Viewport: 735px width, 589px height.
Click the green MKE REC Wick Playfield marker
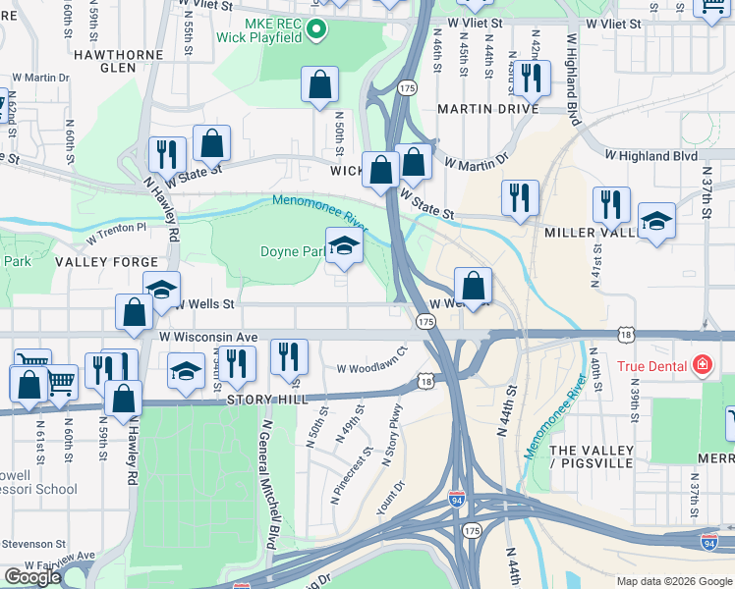pos(315,30)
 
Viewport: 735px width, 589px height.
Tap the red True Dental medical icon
pos(702,367)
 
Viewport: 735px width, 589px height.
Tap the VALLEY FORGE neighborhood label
pos(106,262)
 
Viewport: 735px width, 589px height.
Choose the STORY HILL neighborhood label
pos(269,400)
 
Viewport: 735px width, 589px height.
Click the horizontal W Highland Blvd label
pos(650,155)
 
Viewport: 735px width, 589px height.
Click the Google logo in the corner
pos(32,577)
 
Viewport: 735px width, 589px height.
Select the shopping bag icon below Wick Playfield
pos(319,86)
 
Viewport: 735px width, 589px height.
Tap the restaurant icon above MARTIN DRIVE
pos(530,78)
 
